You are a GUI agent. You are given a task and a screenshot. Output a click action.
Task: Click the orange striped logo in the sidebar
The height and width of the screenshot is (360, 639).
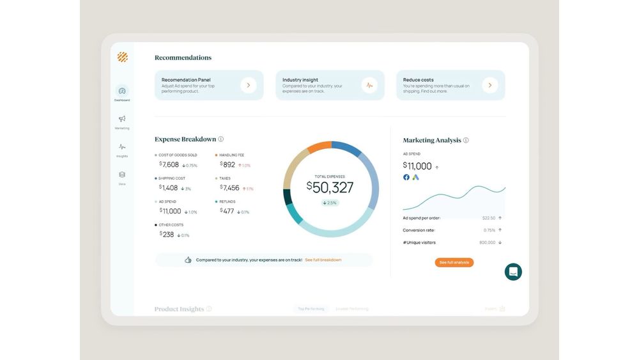123,57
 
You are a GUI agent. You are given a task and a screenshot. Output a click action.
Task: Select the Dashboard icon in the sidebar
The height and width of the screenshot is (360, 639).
122,91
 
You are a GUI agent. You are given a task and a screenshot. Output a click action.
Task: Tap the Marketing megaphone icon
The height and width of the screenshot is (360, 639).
122,119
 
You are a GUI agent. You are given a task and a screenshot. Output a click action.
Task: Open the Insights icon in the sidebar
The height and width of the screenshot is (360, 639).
122,147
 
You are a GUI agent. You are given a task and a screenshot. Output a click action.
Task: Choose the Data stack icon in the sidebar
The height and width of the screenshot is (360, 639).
122,175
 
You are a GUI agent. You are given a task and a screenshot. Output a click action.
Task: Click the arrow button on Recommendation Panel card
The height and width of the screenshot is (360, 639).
249,85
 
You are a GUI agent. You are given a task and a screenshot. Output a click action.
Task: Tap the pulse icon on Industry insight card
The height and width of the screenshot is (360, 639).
369,85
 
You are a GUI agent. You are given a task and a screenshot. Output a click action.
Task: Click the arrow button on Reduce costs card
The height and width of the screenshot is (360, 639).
490,85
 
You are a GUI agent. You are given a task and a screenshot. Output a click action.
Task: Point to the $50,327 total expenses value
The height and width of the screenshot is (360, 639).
330,187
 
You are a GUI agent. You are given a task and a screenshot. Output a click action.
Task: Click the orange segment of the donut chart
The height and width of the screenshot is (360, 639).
319,147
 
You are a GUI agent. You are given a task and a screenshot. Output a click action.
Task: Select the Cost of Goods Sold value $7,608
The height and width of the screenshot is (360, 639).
169,164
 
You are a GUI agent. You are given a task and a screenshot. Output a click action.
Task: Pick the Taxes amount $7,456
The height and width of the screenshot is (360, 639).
230,187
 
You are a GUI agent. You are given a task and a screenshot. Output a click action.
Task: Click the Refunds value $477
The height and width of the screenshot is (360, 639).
227,210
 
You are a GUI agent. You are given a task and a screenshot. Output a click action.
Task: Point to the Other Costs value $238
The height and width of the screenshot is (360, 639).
167,234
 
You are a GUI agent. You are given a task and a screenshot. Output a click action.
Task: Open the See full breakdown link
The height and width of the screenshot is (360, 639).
323,260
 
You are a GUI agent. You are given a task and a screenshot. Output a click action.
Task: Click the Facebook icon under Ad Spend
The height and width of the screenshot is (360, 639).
406,177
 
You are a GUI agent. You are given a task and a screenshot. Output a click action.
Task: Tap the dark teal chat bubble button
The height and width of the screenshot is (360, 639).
513,272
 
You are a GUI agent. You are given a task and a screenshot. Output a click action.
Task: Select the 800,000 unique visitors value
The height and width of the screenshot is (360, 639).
487,242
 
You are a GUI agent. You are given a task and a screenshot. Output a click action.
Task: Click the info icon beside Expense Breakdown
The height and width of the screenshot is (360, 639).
221,139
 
